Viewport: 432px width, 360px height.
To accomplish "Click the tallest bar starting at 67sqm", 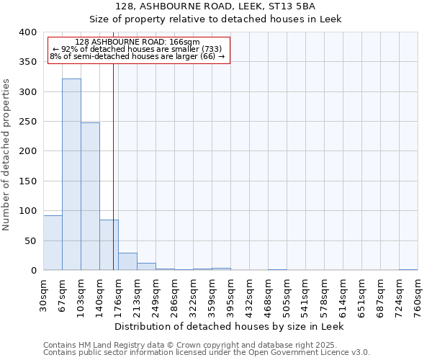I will point(71,174).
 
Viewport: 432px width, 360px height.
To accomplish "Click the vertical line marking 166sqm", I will point(113,166).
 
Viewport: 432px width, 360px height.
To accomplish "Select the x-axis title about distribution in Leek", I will point(230,327).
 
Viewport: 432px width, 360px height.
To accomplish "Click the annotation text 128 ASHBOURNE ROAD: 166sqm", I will point(138,42).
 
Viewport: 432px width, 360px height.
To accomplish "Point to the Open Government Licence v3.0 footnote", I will point(207,353).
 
